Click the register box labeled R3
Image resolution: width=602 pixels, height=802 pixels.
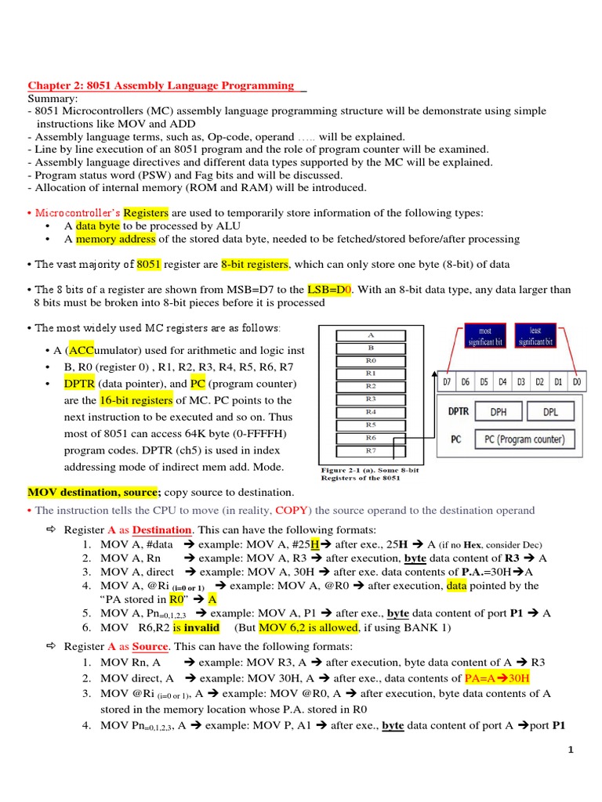pos(371,399)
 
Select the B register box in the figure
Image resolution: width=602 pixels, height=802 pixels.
pos(371,348)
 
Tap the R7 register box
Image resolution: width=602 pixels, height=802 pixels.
pos(371,450)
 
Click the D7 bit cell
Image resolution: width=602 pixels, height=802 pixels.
pos(447,382)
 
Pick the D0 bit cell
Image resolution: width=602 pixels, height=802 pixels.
pos(577,382)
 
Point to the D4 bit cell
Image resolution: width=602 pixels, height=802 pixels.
pos(502,382)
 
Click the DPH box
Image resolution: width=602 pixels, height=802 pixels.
pos(498,411)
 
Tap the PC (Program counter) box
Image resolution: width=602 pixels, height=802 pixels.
pos(524,439)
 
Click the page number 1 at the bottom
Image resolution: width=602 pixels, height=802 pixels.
pos(571,750)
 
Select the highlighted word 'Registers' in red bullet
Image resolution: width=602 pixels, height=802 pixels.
pos(146,212)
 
